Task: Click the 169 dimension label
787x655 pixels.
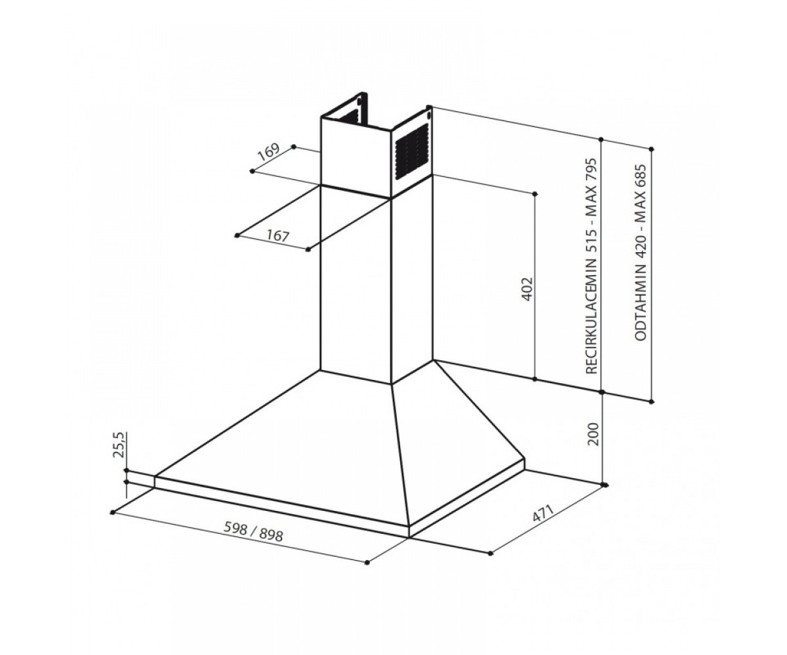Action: coord(268,152)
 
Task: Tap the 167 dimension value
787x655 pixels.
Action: coord(278,236)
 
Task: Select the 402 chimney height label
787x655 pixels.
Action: coord(528,289)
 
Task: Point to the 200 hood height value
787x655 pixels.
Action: coord(594,434)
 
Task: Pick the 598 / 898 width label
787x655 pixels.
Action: coord(253,531)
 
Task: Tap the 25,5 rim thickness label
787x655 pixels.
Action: coord(119,445)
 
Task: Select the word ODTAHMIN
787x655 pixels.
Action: coord(641,308)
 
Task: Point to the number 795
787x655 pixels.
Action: coord(592,170)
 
